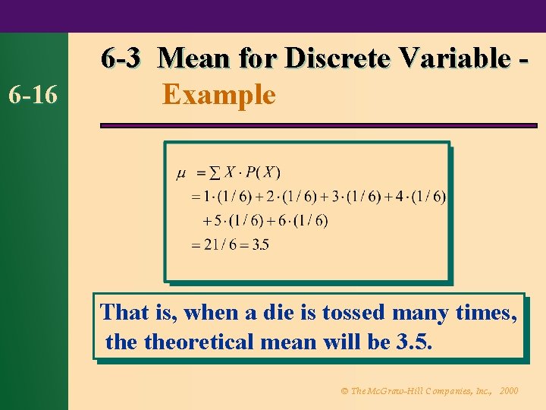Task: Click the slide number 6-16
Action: point(36,95)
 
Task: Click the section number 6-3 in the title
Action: point(121,58)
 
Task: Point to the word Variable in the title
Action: point(457,58)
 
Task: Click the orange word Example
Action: point(219,95)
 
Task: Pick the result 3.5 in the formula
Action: point(259,244)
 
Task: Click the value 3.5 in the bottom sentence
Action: point(414,342)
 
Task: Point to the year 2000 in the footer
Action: point(510,391)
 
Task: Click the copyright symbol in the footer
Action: point(344,391)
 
